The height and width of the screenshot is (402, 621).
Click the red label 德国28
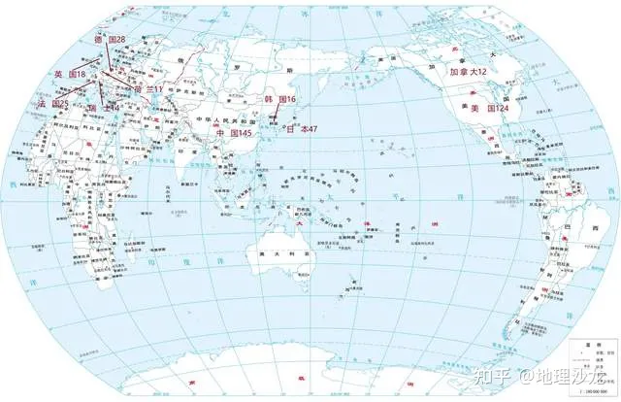110,38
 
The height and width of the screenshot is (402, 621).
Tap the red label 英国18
70,74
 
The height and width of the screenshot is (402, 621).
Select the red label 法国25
52,102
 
